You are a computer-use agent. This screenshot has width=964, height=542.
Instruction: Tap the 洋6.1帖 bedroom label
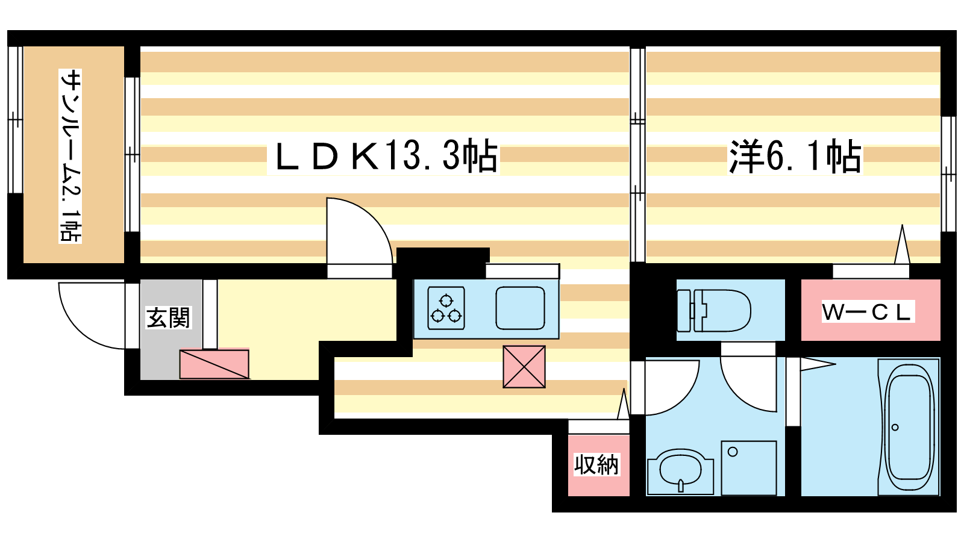[x=795, y=157]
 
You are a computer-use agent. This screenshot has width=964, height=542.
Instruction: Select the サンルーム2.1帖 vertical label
[x=70, y=156]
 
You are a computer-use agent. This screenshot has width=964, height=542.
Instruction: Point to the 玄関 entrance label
[x=168, y=317]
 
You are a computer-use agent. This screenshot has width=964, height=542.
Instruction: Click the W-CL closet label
[x=866, y=313]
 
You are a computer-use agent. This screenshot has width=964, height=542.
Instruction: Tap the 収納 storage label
[x=596, y=464]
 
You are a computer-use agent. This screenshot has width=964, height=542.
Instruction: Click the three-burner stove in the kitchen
[x=446, y=308]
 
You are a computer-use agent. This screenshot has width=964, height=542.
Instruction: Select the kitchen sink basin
[x=521, y=308]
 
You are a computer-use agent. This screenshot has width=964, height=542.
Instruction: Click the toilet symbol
[x=713, y=310]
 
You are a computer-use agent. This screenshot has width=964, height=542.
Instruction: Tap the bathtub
[x=909, y=427]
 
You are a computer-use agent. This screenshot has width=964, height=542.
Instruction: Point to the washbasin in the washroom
[x=680, y=472]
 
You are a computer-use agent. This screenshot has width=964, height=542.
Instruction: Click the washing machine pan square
[x=749, y=467]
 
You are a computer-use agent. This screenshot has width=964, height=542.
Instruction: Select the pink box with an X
[x=524, y=367]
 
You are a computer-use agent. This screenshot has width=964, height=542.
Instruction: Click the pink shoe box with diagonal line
[x=214, y=364]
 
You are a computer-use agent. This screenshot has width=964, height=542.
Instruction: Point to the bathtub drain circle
[x=895, y=428]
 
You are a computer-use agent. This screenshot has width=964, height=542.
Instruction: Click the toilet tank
[x=684, y=311]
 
